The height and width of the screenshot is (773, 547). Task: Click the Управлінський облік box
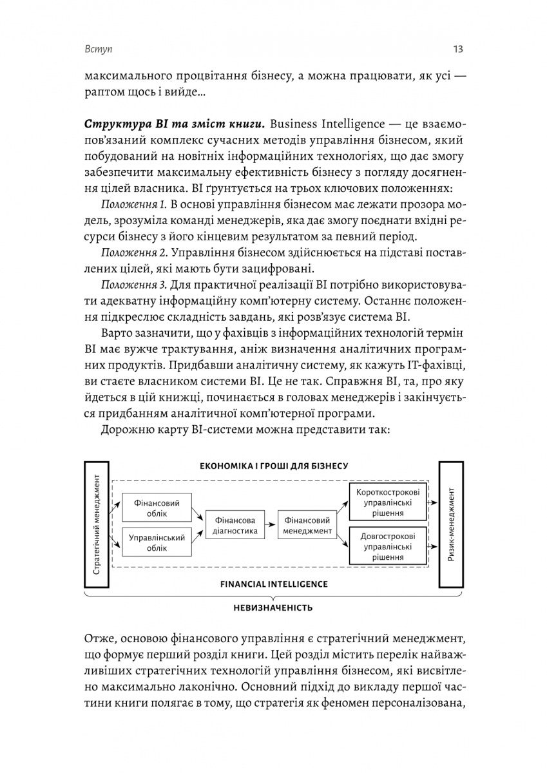coord(154,542)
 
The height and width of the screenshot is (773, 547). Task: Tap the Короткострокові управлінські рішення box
coord(388,501)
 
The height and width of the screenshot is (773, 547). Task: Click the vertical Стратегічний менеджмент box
coord(97,524)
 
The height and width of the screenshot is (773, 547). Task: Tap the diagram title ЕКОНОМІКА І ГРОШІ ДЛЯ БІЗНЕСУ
coord(274,466)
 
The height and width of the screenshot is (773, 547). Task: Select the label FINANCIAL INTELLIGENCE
coord(274,584)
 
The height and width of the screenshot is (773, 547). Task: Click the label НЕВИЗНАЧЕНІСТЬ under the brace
coord(274,607)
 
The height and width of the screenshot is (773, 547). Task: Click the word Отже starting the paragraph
coord(100,638)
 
